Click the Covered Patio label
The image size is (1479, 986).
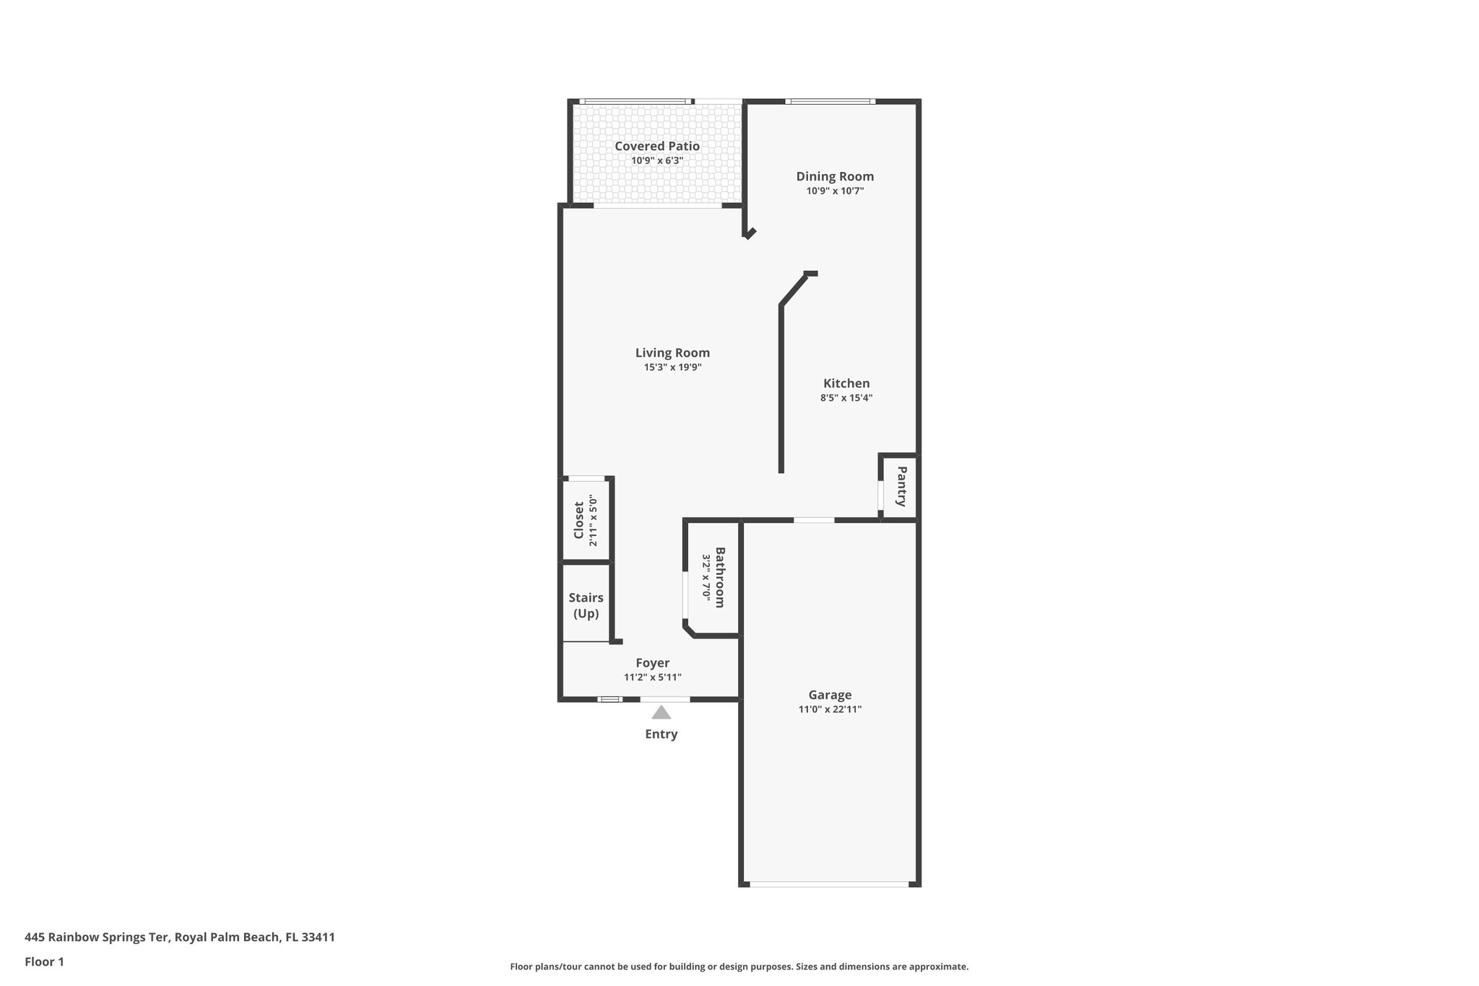656,146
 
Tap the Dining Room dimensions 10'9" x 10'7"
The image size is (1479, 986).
835,191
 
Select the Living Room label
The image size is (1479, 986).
672,353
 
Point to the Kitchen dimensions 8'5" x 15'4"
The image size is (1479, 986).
846,397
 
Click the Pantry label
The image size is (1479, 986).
901,486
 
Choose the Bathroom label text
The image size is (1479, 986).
720,577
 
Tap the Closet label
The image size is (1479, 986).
578,520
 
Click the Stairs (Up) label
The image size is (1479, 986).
586,605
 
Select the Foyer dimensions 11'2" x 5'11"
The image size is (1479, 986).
652,678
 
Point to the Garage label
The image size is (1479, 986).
830,695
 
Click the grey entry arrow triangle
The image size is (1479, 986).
661,713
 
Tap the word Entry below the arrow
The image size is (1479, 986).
661,735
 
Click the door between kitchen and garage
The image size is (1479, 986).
814,520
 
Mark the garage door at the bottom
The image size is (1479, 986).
829,883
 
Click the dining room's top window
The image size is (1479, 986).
830,102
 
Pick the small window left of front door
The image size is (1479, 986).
610,699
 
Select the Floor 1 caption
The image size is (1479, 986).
44,961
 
